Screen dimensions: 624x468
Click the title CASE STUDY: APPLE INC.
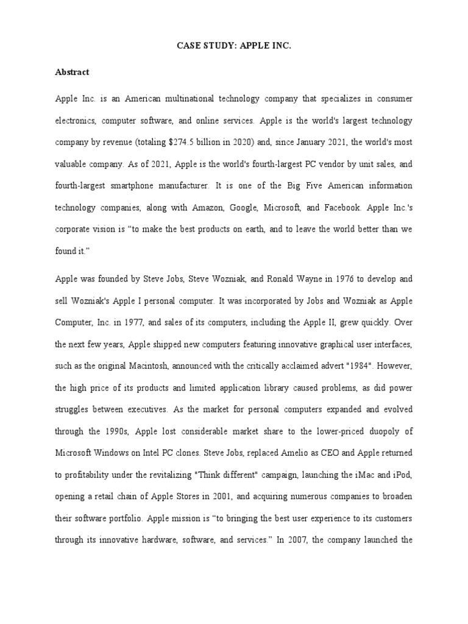pos(233,45)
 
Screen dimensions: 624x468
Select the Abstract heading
pos(72,72)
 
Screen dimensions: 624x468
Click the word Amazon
pos(209,208)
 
